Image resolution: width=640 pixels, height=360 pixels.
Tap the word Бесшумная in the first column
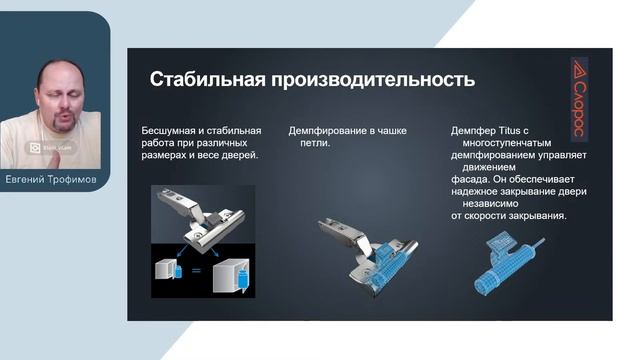pos(174,131)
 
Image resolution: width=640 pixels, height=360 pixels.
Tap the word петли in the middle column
pos(315,143)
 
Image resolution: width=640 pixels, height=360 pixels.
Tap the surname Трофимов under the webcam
pos(76,179)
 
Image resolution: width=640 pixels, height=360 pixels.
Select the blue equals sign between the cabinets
pos(196,271)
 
